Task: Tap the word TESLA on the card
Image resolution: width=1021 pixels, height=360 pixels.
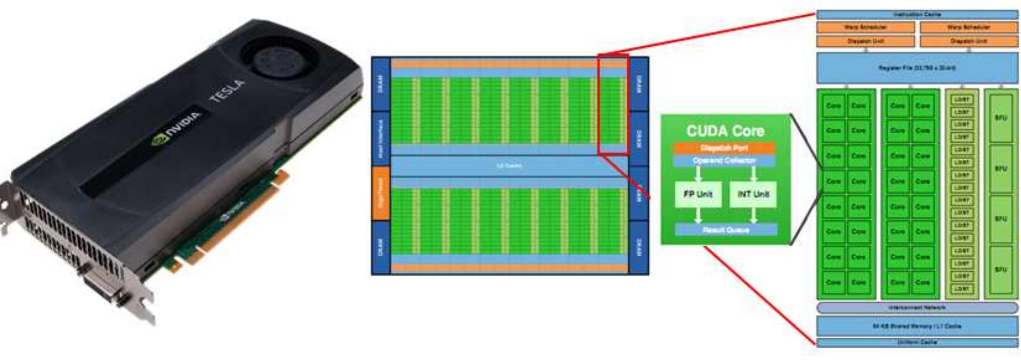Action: (228, 91)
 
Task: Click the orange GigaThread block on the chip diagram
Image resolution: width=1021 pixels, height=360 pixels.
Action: (381, 193)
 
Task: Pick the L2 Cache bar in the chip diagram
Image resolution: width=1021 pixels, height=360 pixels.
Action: (509, 166)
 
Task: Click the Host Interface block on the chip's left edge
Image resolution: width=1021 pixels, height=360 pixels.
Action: (381, 139)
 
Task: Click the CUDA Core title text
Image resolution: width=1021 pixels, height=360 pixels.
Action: (725, 131)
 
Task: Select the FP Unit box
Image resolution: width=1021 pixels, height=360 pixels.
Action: (698, 194)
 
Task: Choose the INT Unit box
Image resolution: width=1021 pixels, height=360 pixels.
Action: (753, 194)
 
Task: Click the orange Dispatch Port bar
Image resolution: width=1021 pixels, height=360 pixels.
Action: (724, 148)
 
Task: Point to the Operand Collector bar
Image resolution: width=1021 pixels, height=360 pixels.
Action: (724, 160)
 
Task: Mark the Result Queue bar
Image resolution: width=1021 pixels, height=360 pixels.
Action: (726, 230)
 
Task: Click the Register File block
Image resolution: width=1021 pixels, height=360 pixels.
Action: (917, 68)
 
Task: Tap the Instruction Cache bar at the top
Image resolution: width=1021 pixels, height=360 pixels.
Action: (917, 15)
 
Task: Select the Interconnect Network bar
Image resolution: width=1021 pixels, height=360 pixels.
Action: (917, 308)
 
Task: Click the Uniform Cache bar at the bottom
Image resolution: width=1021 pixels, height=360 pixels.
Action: (917, 343)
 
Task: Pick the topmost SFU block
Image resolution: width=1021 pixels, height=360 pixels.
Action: (1000, 118)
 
